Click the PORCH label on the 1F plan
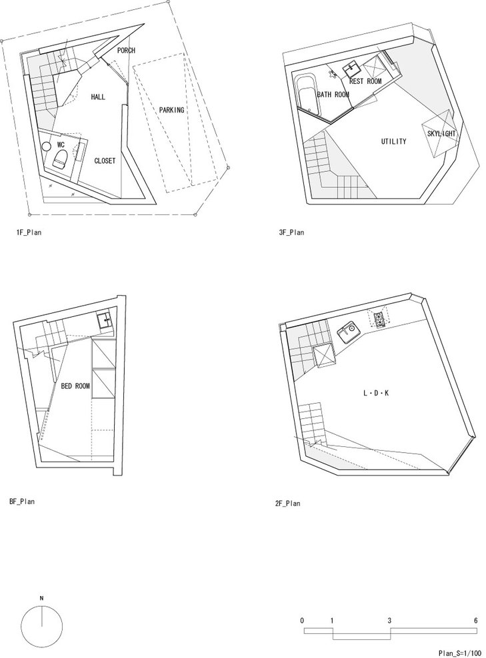pos(126,51)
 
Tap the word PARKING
pos(172,110)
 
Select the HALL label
pos(99,97)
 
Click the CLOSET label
pos(105,161)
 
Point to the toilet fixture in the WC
pos(59,160)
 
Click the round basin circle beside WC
pos(45,146)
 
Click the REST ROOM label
pos(365,81)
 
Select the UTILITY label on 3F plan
pos(393,141)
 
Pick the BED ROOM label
pos(75,385)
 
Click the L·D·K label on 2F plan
pos(375,393)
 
